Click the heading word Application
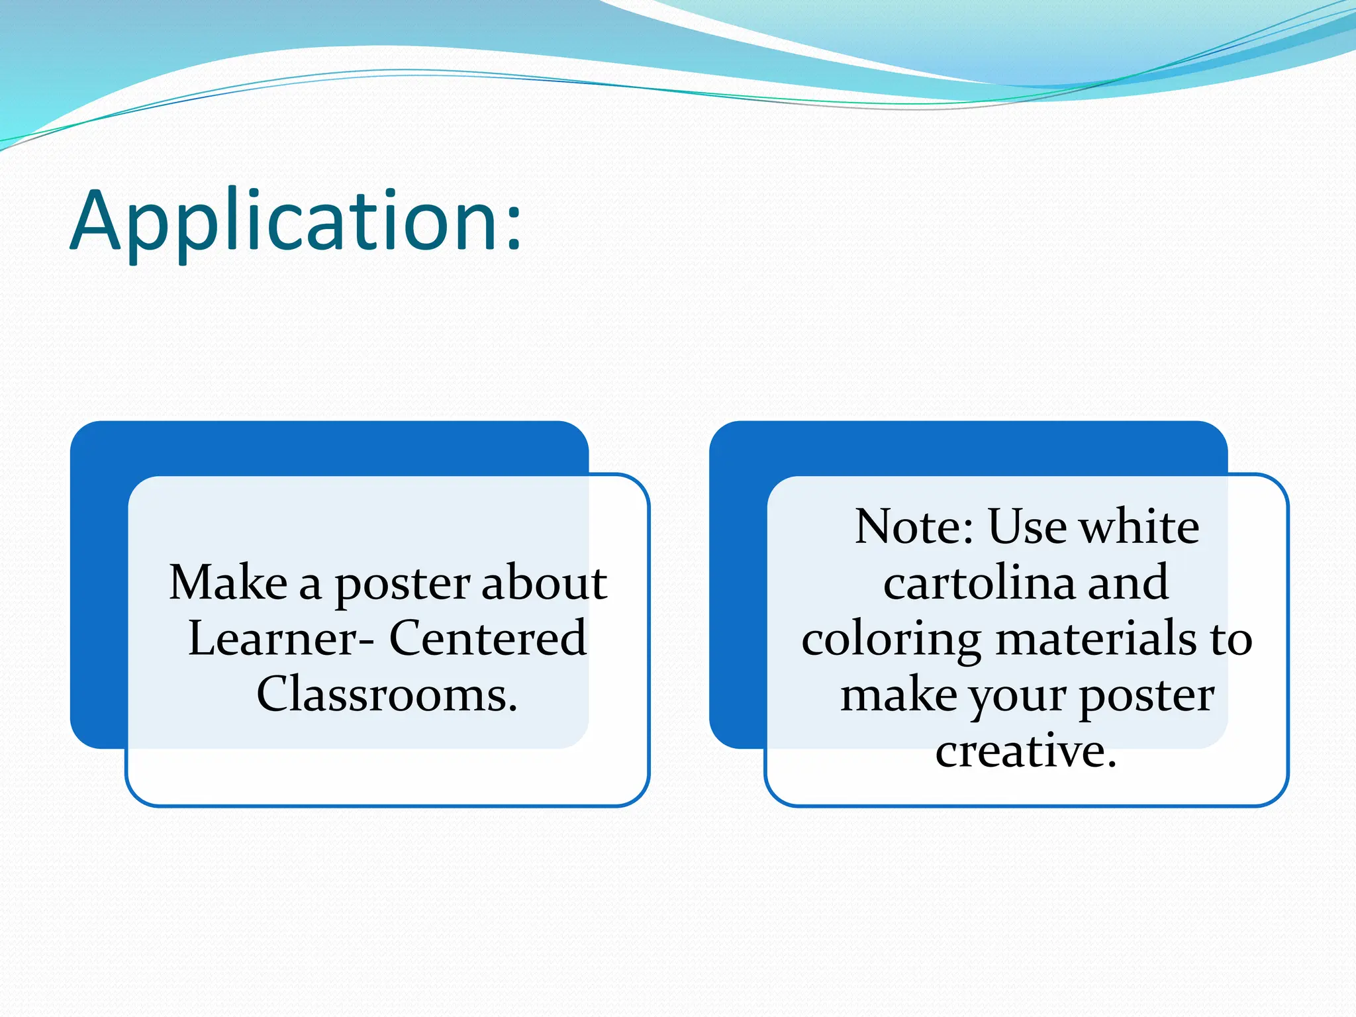click(x=285, y=222)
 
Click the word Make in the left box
click(x=228, y=583)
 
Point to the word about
click(x=544, y=583)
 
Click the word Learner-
click(x=281, y=638)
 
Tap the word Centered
click(x=487, y=638)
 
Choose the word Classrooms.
click(x=387, y=695)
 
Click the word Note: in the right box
click(x=914, y=527)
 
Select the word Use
click(x=1028, y=527)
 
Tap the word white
click(x=1139, y=527)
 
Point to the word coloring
click(x=891, y=641)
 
